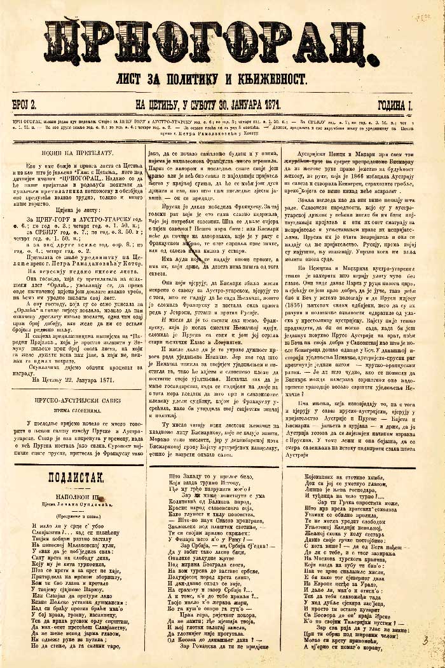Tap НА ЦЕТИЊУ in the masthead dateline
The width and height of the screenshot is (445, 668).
pyautogui.click(x=153, y=104)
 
